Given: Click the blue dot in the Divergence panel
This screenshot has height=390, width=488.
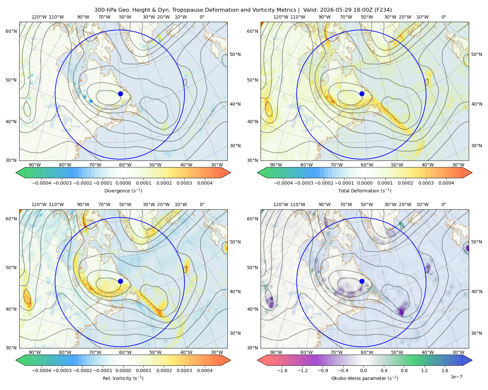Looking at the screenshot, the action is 120,94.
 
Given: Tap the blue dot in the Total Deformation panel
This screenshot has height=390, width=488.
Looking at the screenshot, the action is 362,94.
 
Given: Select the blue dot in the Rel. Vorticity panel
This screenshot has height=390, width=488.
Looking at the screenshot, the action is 120,281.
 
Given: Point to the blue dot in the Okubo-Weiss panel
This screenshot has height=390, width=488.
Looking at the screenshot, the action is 362,281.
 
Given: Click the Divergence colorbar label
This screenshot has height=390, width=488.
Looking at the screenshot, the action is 123,191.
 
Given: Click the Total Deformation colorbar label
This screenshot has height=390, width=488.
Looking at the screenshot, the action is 365,191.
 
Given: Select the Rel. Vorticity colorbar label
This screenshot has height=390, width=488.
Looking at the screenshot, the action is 123,378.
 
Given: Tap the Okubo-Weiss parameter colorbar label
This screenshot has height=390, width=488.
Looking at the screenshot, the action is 365,378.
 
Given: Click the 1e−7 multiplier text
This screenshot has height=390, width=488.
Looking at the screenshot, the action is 456,377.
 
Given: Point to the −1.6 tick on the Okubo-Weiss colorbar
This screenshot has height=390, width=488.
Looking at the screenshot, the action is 282,370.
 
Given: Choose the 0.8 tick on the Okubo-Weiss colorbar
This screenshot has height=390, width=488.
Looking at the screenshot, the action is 404,370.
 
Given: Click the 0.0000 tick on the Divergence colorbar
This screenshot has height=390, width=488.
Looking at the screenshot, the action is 123,183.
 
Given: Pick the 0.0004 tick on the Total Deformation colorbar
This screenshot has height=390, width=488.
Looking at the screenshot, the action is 446,183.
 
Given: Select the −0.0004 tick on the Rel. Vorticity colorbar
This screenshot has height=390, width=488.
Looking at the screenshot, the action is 42,370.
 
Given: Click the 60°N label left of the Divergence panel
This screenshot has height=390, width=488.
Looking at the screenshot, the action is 11,31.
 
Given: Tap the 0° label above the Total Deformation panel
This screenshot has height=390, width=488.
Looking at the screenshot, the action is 444,17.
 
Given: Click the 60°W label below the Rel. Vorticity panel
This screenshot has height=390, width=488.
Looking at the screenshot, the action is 125,352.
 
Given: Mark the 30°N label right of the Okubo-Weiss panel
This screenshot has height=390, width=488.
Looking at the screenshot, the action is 477,333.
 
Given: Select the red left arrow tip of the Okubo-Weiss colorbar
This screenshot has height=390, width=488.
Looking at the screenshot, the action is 258,360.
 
